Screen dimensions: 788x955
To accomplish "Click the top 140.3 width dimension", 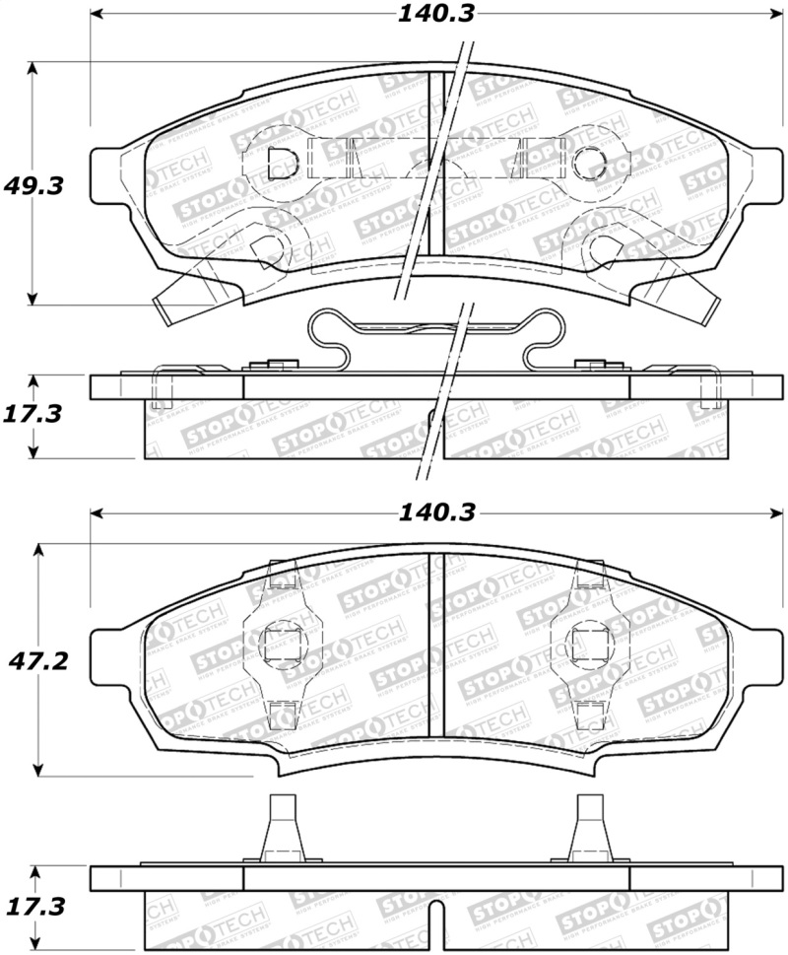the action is pyautogui.click(x=433, y=15).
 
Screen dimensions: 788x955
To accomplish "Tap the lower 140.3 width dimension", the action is pyautogui.click(x=433, y=512).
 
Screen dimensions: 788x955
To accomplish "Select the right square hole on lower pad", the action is pyautogui.click(x=587, y=646).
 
